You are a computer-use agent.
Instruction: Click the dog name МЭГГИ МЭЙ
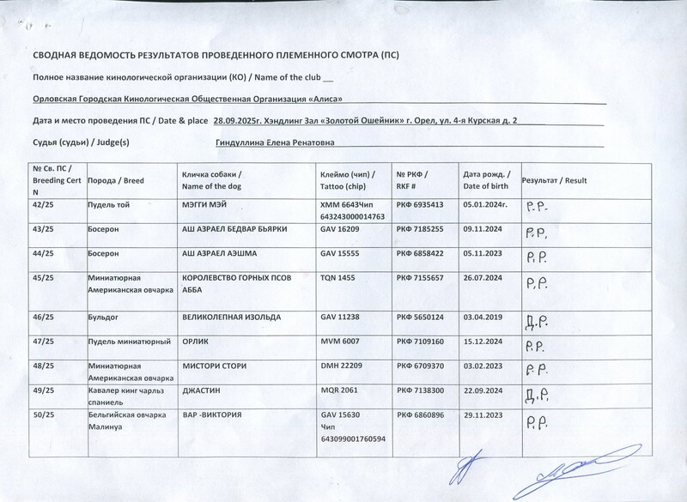click(207, 206)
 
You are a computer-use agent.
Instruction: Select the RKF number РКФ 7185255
click(418, 230)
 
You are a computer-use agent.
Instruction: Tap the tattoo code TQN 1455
click(337, 278)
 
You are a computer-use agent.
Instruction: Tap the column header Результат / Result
click(553, 180)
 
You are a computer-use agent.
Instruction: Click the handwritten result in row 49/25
click(535, 396)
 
